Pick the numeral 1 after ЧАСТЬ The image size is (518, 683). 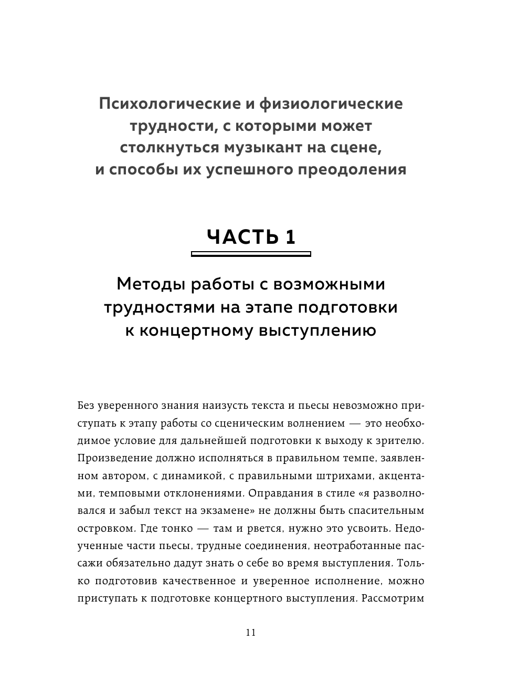coord(291,236)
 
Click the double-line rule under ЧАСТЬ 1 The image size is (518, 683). coord(251,254)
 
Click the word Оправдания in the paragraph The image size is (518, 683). coord(278,493)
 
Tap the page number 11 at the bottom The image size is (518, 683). coord(250,633)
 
